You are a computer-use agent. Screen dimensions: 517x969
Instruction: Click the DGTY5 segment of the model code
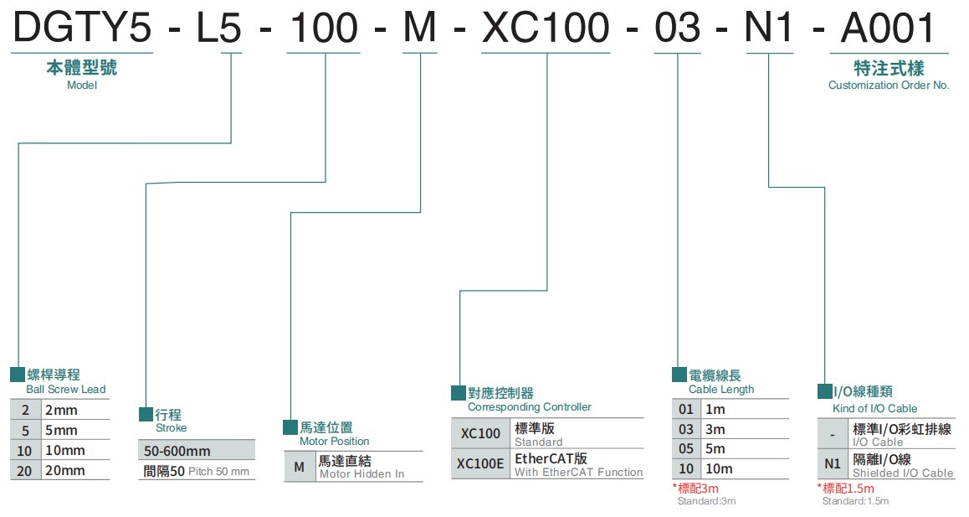coord(81,28)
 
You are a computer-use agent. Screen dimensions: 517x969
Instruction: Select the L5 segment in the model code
coord(218,28)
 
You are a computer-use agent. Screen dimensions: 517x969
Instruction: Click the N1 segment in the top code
coord(768,28)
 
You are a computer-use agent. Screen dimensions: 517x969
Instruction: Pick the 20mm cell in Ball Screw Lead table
coord(65,470)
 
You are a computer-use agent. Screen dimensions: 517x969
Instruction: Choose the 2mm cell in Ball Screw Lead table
coord(60,410)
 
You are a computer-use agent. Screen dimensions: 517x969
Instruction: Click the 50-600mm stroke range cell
coord(177,451)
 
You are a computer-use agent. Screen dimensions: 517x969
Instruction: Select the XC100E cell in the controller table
coord(481,464)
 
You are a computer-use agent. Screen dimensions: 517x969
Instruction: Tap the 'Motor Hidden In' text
coord(361,474)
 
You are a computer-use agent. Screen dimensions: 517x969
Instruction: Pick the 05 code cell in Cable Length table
coord(686,449)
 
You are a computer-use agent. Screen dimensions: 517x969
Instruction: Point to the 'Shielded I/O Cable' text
coord(902,473)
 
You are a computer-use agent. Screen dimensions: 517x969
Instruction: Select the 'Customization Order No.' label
coord(889,85)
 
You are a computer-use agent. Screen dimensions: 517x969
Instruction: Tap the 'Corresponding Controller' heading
coord(530,407)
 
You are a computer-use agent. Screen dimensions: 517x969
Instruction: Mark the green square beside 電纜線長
coord(679,375)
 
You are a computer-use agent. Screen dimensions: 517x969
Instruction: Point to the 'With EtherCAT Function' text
coord(578,473)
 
